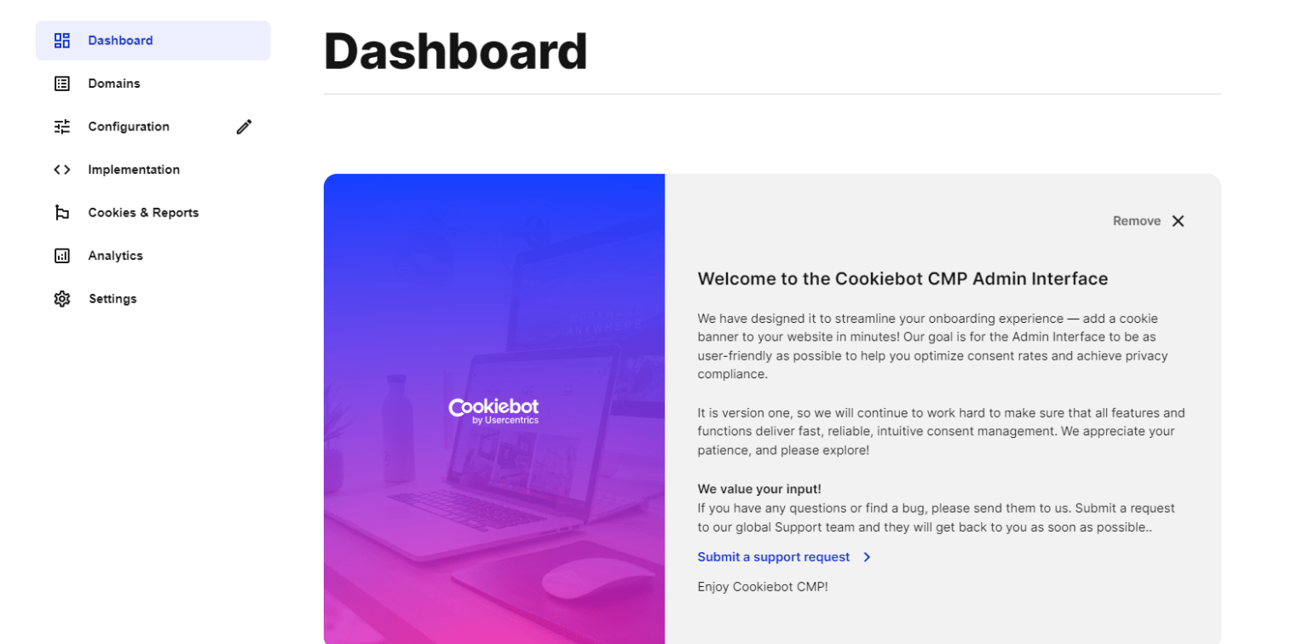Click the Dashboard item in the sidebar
(120, 41)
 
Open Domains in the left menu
(113, 83)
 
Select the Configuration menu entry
(128, 127)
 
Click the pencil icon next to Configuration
(245, 127)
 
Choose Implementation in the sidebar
(133, 170)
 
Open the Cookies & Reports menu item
(142, 213)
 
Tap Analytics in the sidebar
(115, 256)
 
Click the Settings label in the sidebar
(112, 299)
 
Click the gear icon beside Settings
(62, 299)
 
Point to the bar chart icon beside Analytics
(62, 256)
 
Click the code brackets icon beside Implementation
(62, 170)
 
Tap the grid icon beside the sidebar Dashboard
(62, 41)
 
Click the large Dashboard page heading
(455, 51)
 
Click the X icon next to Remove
(1178, 221)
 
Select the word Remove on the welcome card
(1136, 221)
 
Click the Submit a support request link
(774, 557)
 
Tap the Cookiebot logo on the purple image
(493, 410)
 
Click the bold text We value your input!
(758, 489)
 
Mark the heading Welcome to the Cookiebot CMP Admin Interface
(902, 279)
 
